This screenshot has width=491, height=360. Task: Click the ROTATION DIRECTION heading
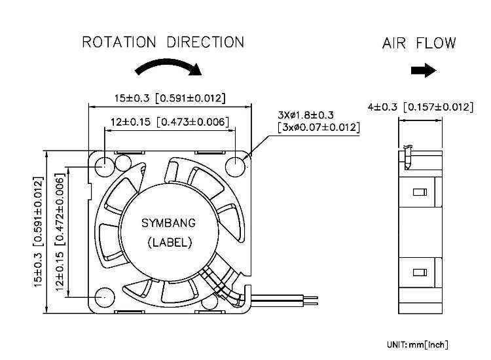tap(162, 43)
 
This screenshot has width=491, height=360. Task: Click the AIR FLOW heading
tap(419, 44)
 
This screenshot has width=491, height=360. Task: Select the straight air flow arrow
tap(423, 71)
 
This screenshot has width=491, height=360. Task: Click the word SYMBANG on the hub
tap(169, 223)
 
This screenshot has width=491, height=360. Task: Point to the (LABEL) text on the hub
tap(168, 243)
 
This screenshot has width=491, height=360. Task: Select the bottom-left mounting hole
tap(103, 298)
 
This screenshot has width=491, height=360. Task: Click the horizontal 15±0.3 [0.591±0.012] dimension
tap(170, 98)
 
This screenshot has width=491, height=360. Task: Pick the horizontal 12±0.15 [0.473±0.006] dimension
tap(170, 121)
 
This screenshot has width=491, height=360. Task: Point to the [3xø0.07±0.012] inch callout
tap(318, 127)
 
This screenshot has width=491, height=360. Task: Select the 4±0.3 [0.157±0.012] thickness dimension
tap(419, 107)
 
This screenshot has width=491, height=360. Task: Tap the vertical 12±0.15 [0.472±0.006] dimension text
tap(61, 233)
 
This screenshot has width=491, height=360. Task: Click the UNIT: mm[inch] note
tap(417, 344)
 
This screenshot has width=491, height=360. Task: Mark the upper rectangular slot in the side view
tap(420, 192)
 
